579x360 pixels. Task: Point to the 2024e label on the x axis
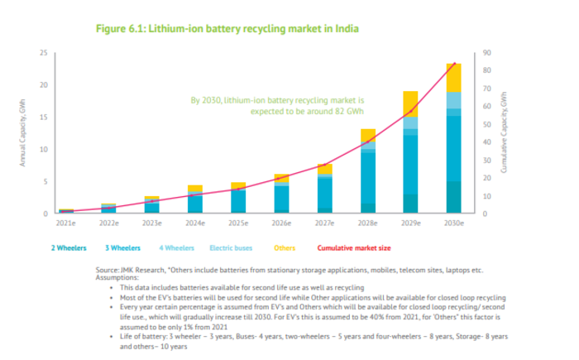point(194,223)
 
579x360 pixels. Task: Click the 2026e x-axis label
point(281,223)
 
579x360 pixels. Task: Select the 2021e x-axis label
point(65,223)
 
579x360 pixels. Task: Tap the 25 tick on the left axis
point(43,53)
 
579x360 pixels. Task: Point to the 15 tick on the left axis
point(43,117)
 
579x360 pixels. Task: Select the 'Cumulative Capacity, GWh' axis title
point(503,133)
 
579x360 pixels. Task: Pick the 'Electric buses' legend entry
point(232,247)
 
